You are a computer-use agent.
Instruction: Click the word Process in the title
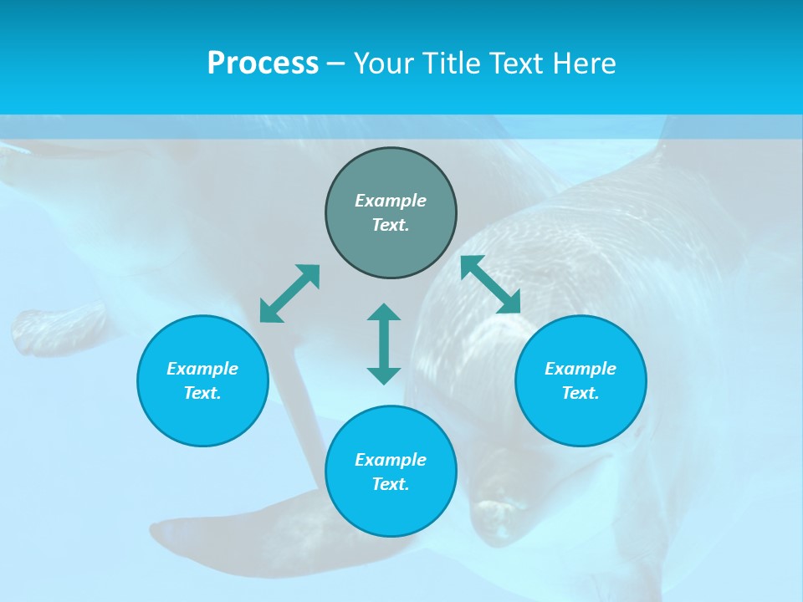(263, 64)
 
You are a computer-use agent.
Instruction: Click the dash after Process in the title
(335, 64)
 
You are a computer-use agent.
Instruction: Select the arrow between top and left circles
(289, 293)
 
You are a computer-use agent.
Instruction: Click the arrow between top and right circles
(491, 284)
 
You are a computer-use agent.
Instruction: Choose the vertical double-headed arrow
(384, 344)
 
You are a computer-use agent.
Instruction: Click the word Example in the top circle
(391, 201)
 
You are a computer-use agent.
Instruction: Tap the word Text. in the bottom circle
(391, 484)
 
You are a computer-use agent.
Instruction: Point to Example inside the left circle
(202, 369)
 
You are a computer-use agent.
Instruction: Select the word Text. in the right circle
(581, 393)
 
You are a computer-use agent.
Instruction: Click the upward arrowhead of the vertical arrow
(384, 313)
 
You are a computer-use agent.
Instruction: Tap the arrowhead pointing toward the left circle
(269, 314)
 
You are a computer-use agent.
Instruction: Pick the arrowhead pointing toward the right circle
(509, 304)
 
